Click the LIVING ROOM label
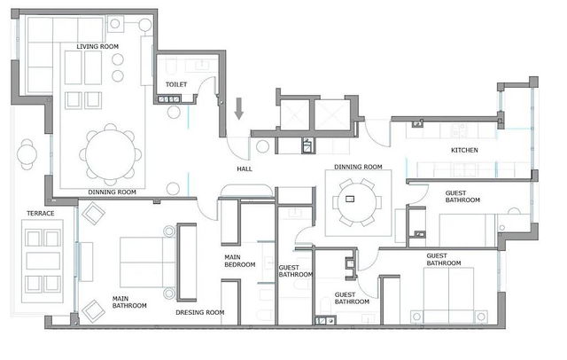[97, 46]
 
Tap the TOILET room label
[176, 84]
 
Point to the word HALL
[245, 168]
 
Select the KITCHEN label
[464, 150]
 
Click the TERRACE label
[41, 213]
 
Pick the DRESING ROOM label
[200, 312]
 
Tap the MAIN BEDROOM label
[240, 261]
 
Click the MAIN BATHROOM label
[129, 302]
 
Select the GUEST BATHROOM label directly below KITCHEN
[462, 197]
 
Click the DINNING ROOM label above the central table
[358, 167]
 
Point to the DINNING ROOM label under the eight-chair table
[113, 192]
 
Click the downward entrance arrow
[238, 108]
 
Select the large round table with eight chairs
[110, 154]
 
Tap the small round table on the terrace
[27, 154]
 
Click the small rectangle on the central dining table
[350, 199]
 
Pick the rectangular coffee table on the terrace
[43, 261]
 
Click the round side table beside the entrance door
[262, 146]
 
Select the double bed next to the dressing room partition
[148, 262]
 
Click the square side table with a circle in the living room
[115, 24]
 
